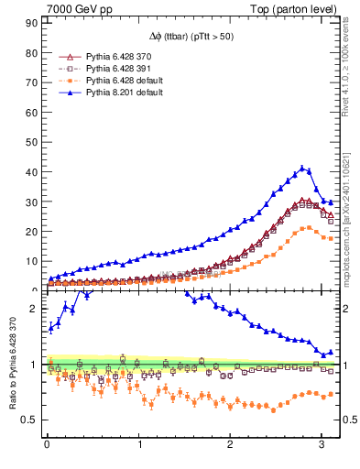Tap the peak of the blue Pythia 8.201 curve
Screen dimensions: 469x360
302,168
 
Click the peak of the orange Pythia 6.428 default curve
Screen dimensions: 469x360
308,227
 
